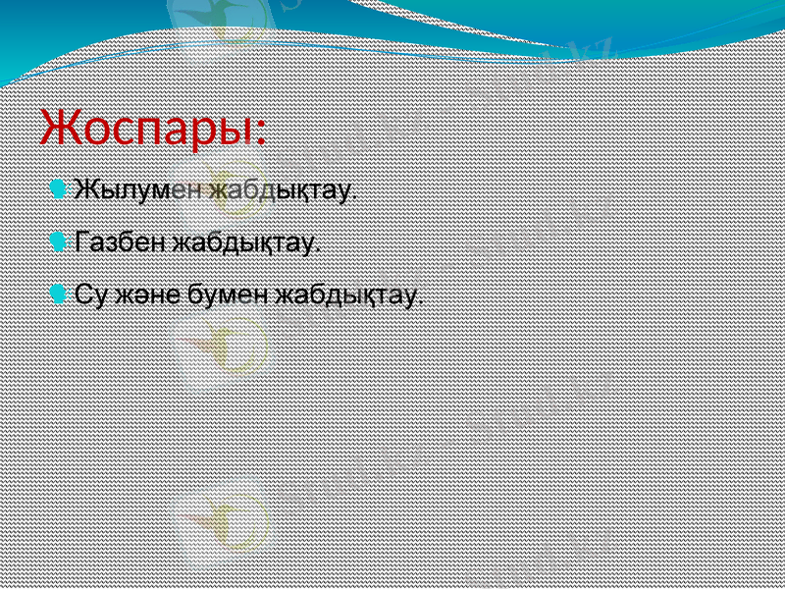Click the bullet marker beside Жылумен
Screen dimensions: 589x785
coord(60,187)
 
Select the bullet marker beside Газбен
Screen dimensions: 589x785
coord(60,241)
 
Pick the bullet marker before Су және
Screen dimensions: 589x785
coord(60,294)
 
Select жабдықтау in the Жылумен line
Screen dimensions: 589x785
coord(279,188)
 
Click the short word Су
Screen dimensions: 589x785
coord(90,294)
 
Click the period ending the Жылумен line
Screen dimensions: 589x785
coord(355,196)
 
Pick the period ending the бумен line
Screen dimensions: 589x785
coord(422,302)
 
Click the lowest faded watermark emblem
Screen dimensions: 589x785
coord(221,520)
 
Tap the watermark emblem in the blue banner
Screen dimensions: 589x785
coord(216,22)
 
